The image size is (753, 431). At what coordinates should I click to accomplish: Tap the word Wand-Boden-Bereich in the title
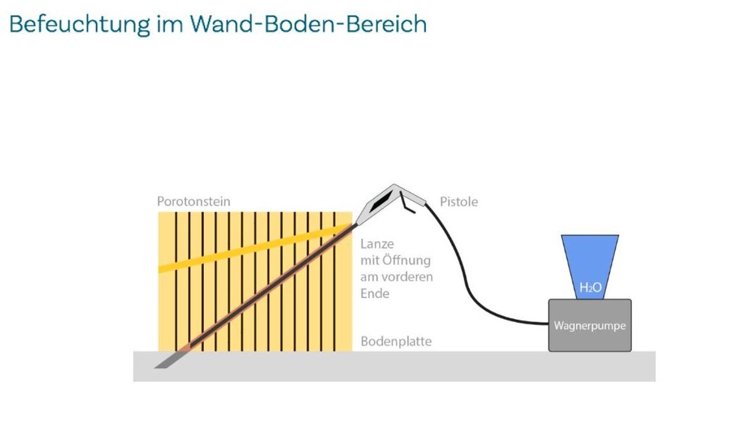point(309,24)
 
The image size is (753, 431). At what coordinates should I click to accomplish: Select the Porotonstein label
point(193,202)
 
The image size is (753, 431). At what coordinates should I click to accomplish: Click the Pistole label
point(459,202)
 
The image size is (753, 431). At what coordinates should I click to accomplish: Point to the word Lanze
point(377,244)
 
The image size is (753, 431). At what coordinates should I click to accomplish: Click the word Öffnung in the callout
point(407,260)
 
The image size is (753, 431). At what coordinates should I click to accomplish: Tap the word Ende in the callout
point(375,293)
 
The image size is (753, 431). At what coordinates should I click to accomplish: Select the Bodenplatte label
point(396,342)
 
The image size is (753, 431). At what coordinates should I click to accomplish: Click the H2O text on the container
point(590,288)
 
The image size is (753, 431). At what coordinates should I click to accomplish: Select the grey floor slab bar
point(394,366)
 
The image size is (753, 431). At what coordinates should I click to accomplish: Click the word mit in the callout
point(370,260)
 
